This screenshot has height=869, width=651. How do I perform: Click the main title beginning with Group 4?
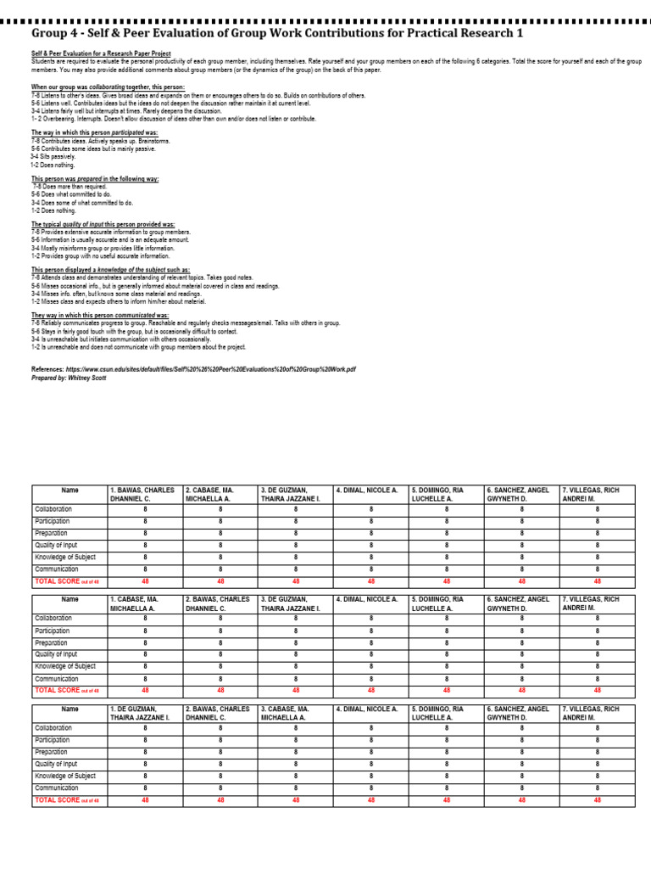click(277, 33)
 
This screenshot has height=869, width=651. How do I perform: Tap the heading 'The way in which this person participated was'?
click(94, 133)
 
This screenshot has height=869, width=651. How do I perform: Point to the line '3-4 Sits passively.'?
click(53, 156)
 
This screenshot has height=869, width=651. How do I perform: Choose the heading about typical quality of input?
click(103, 224)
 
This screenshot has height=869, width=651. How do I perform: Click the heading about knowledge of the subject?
click(110, 270)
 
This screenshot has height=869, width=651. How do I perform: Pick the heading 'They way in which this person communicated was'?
click(99, 315)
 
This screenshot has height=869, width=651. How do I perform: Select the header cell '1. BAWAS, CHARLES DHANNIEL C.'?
click(144, 495)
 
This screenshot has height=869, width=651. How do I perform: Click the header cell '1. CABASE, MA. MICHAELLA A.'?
click(144, 603)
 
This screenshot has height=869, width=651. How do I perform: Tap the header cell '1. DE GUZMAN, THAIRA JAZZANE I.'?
click(144, 713)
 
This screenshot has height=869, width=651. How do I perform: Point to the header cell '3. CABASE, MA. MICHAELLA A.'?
click(295, 713)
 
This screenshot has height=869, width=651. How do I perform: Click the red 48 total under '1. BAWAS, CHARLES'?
click(145, 581)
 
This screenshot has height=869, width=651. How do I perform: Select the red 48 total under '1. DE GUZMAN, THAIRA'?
click(145, 799)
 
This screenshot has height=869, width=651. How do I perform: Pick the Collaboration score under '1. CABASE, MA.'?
click(145, 619)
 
